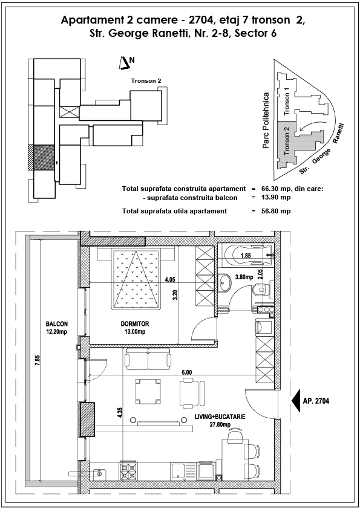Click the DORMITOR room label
[x=135, y=323]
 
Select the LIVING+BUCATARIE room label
[x=220, y=417]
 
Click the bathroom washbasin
[x=225, y=282]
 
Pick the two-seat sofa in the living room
[x=148, y=358]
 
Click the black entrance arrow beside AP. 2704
[x=296, y=401]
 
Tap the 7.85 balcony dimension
[x=38, y=361]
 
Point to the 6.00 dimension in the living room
[x=186, y=372]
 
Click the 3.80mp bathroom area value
[x=244, y=277]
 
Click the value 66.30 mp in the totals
[x=276, y=189]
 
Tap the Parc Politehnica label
[x=266, y=121]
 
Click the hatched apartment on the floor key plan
[x=44, y=157]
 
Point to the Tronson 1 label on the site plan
[x=287, y=102]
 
